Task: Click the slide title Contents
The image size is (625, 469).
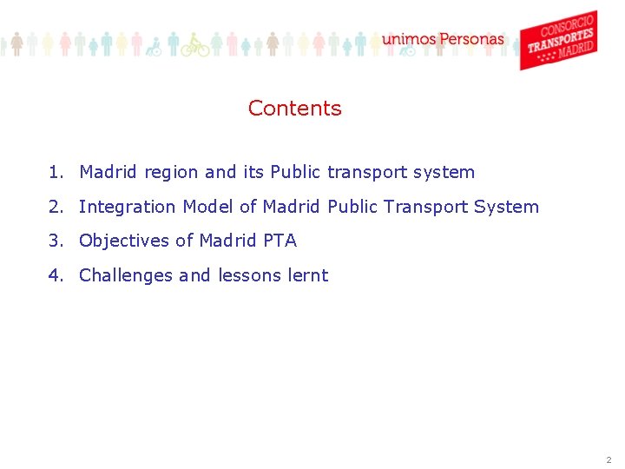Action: click(294, 109)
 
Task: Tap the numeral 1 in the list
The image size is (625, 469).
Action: click(54, 172)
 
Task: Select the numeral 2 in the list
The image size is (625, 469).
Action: click(54, 207)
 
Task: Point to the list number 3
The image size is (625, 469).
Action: click(54, 241)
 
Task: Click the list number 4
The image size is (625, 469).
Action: click(54, 275)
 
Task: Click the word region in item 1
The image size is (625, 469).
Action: click(172, 173)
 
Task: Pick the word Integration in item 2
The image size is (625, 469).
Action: click(128, 207)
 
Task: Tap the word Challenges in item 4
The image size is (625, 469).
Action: click(126, 275)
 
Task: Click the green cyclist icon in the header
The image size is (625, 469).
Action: click(195, 44)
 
